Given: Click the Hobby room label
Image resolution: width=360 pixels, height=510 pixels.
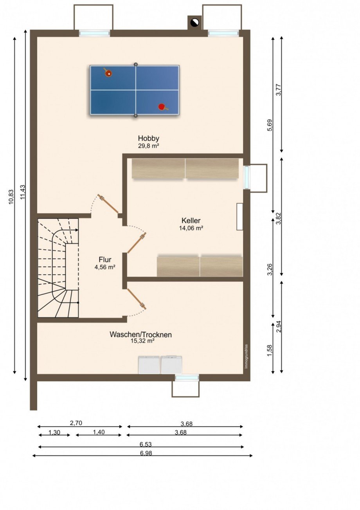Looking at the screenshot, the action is tap(148, 138).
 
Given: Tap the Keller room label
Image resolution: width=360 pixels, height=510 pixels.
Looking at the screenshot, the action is tap(191, 220).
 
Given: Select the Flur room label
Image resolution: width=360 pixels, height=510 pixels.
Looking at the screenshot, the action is tap(105, 260).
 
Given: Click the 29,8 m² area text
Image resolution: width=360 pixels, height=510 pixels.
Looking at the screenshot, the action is tap(148, 146).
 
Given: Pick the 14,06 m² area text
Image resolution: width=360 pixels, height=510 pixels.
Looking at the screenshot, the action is tap(191, 228).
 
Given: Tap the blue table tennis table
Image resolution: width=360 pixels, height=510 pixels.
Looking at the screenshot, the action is tap(135, 90).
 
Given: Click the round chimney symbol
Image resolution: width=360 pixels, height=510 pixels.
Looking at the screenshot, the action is tap(195, 22).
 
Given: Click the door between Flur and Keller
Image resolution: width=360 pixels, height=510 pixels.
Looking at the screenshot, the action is tap(137, 243).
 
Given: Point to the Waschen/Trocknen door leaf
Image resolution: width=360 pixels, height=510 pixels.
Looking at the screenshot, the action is tap(137, 299).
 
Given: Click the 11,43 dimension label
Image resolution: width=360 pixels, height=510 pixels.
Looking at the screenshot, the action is tap(23, 192).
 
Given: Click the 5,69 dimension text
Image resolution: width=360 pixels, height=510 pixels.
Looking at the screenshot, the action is tap(270, 125).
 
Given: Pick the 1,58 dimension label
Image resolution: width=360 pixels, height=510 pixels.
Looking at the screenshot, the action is tap(270, 351).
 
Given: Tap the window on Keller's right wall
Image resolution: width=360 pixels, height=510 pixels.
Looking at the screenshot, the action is tap(246, 177).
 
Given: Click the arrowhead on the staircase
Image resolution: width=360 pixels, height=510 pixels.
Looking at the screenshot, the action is tap(77, 230).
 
